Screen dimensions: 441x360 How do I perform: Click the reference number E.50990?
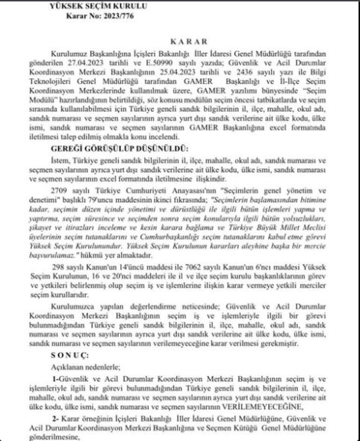tap(197, 60)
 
